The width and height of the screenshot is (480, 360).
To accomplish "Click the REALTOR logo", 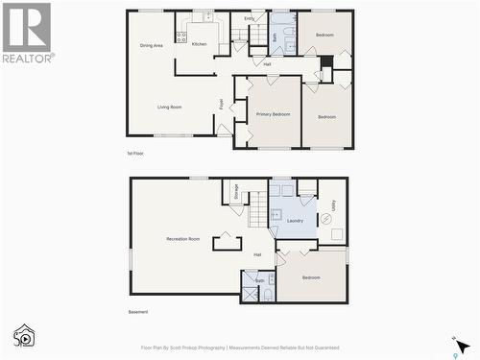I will (26, 33).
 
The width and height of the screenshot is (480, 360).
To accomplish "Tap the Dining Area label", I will (151, 44).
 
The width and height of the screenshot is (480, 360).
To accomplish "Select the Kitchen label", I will (199, 44).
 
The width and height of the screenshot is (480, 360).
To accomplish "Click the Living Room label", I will (169, 107).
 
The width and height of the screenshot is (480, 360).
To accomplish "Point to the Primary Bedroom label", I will (273, 114).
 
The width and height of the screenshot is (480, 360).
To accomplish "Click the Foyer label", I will (221, 103).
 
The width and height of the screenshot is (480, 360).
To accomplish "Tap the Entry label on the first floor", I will (249, 18).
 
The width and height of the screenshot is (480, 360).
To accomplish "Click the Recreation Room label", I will (182, 238).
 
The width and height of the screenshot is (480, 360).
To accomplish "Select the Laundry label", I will (295, 220).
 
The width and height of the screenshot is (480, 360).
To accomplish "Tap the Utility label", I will (332, 204).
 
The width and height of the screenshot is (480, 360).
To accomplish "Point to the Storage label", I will (235, 191).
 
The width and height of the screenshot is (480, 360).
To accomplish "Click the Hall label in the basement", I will (257, 254).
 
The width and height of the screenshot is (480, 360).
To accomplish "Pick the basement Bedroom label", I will (311, 277).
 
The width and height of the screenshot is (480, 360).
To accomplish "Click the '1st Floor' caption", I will (135, 154).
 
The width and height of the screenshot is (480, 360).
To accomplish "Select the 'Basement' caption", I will (138, 312).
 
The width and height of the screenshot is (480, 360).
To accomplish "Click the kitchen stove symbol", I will (181, 37).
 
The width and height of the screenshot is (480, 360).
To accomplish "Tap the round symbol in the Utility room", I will (324, 220).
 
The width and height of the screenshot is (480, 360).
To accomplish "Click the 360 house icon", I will (24, 335).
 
